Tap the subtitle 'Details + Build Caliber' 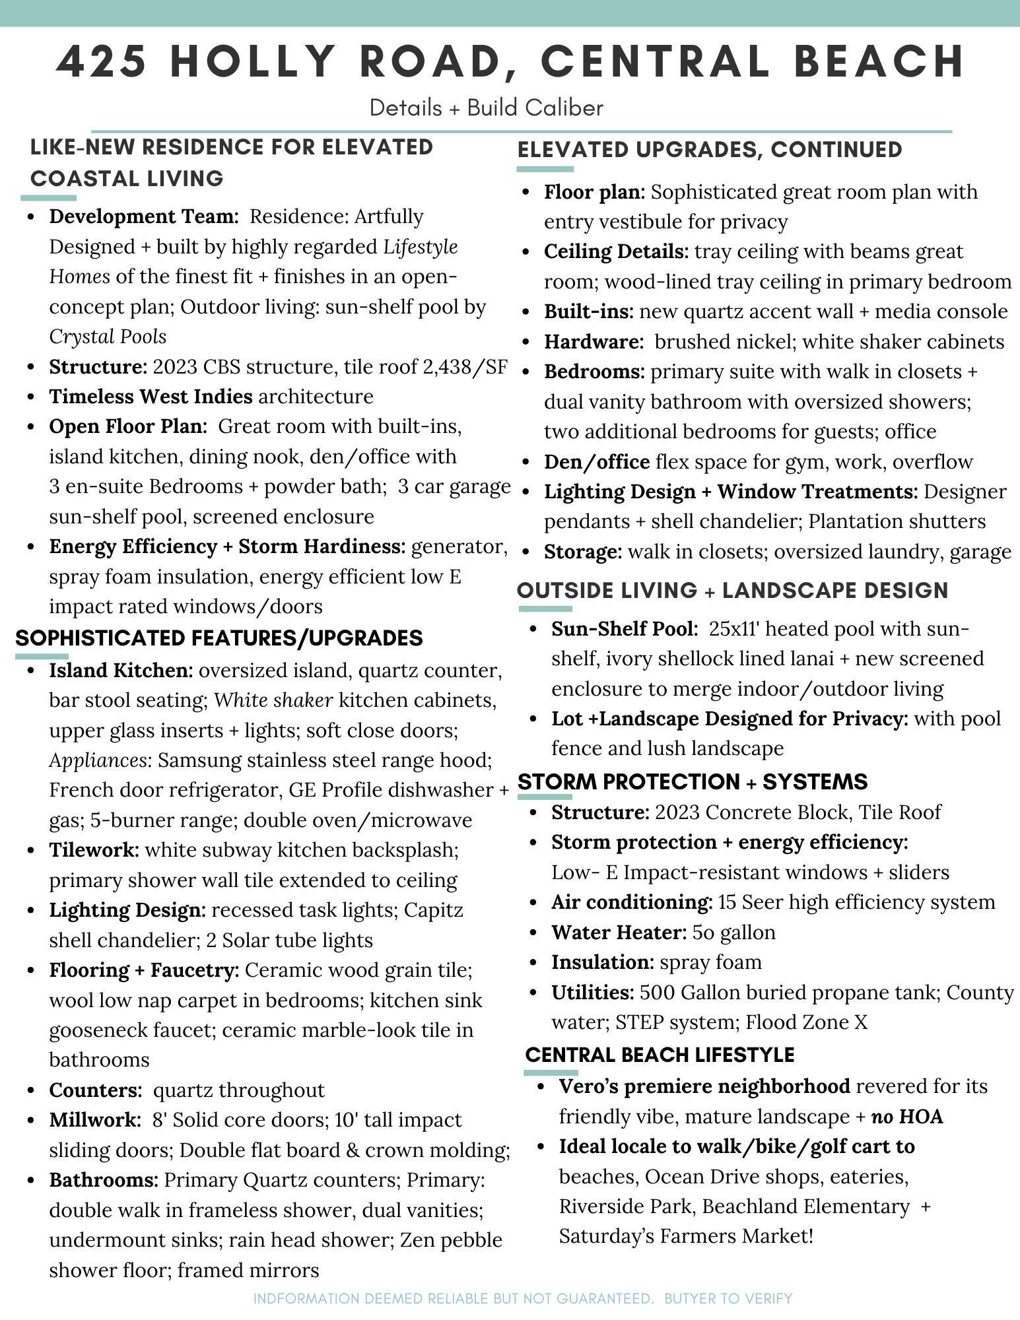pyautogui.click(x=486, y=108)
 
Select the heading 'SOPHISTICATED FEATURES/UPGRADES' pyautogui.click(x=219, y=638)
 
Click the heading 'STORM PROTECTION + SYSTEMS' pyautogui.click(x=692, y=781)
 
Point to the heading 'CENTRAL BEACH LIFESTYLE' pyautogui.click(x=659, y=1055)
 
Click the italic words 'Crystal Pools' pyautogui.click(x=108, y=337)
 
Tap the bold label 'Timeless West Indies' pyautogui.click(x=151, y=396)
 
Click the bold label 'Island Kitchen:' pyautogui.click(x=121, y=671)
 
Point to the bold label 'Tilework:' pyautogui.click(x=94, y=849)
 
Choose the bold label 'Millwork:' pyautogui.click(x=95, y=1120)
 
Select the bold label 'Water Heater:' pyautogui.click(x=619, y=932)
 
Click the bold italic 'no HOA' pyautogui.click(x=907, y=1117)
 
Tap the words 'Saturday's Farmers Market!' pyautogui.click(x=686, y=1236)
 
